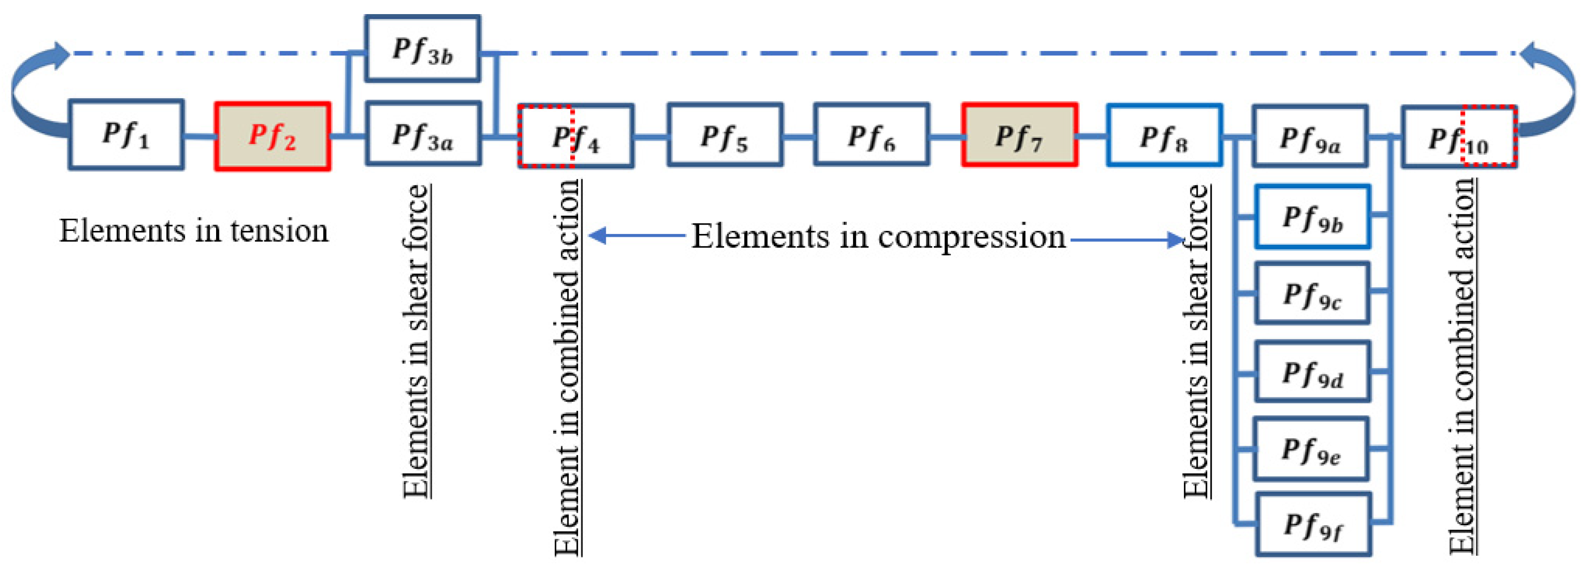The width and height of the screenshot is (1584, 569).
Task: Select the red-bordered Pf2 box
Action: click(273, 136)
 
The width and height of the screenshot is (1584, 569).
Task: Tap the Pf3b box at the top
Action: click(422, 49)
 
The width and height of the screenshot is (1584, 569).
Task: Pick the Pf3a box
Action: click(423, 134)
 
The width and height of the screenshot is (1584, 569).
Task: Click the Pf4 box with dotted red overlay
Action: click(576, 136)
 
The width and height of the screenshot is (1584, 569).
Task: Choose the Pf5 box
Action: click(725, 135)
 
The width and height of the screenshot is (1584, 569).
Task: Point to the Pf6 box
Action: click(872, 135)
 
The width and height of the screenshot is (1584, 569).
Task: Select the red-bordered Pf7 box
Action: click(1020, 135)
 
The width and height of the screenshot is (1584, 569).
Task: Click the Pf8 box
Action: click(1164, 135)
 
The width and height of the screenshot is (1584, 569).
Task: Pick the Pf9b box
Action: click(1312, 217)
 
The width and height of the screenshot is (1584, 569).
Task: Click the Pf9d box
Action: click(1312, 372)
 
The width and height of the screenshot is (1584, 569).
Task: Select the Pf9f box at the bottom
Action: click(1313, 524)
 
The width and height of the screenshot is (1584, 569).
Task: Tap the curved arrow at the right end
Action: click(1553, 92)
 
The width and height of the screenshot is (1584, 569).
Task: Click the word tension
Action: click(279, 231)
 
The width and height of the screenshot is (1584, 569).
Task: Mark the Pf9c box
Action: click(1312, 293)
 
